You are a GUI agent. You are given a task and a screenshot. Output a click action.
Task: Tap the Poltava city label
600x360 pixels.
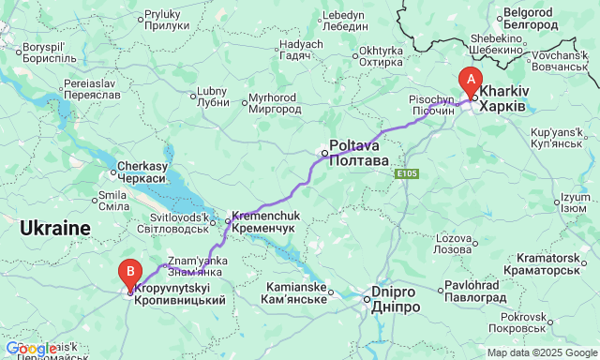tap(357, 154)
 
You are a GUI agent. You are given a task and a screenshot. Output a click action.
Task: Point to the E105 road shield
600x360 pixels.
tap(406, 174)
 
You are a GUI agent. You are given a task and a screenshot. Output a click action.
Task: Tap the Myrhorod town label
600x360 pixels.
tap(277, 103)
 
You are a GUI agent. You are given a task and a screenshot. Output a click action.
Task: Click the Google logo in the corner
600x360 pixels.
tap(30, 349)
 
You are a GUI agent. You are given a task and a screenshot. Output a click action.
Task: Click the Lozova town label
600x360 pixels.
tap(453, 245)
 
